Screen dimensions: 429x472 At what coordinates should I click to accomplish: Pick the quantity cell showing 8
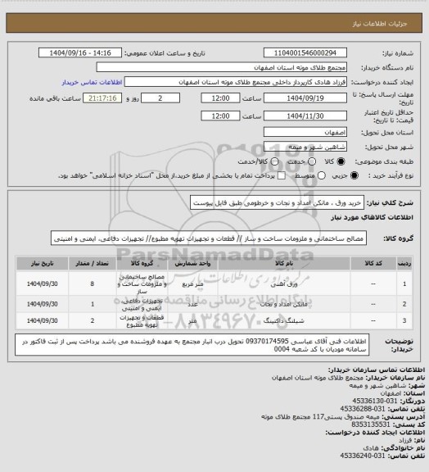93,284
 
